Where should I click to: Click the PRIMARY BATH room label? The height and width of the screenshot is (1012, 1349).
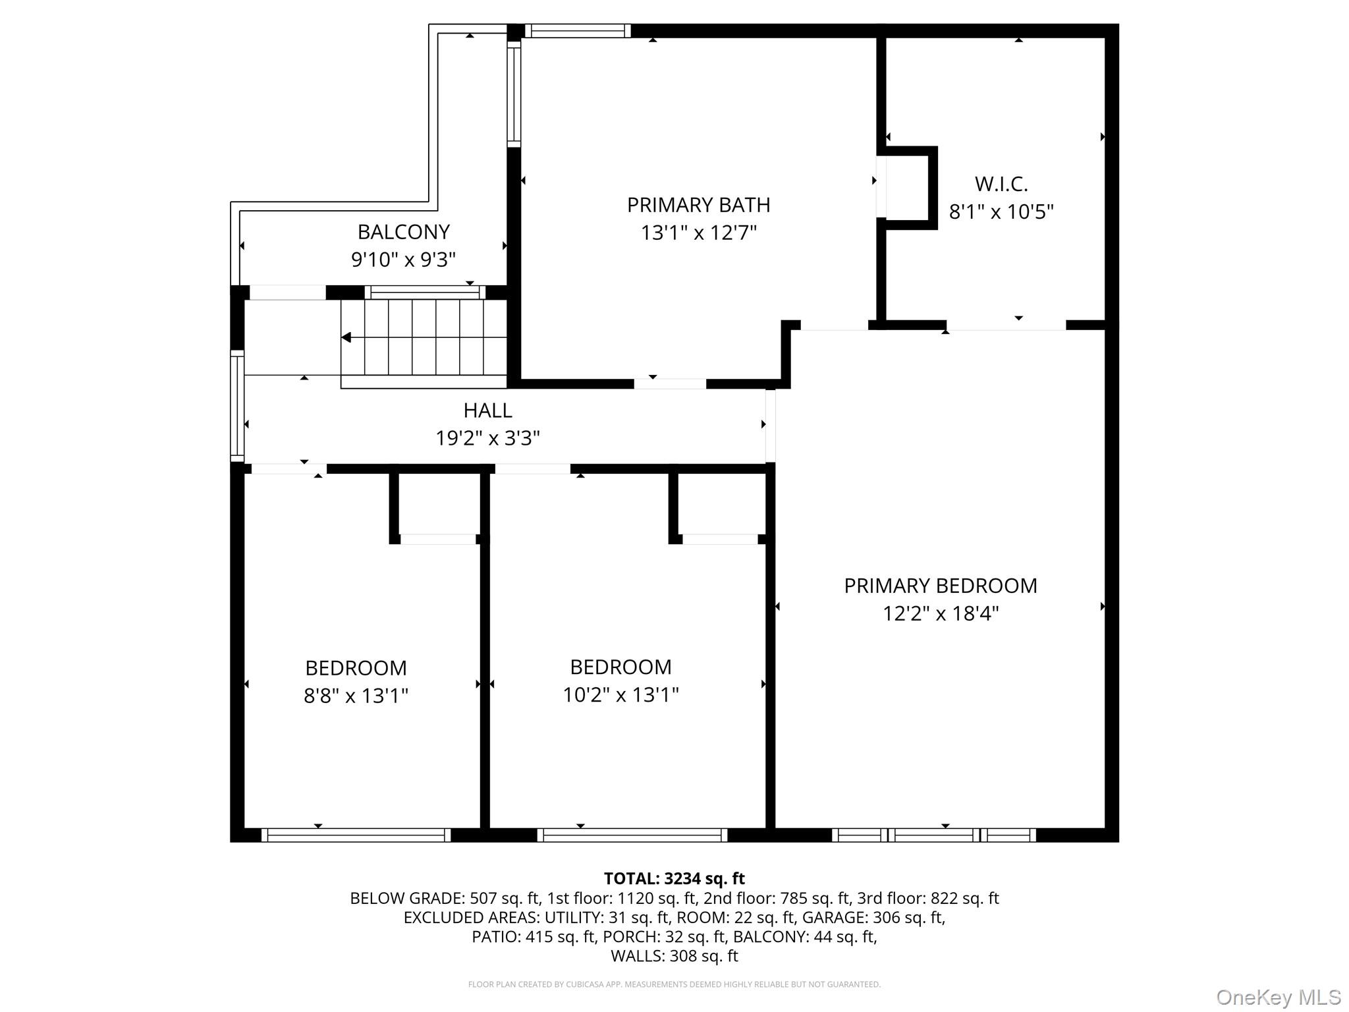pos(698,205)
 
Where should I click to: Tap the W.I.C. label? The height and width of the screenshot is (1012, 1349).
pos(1001,184)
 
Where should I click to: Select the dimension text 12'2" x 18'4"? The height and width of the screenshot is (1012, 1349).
pos(941,613)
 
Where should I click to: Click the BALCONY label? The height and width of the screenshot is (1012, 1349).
pos(403,232)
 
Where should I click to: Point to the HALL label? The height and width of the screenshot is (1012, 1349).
pos(487,410)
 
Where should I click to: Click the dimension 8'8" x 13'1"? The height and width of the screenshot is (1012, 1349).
pos(356,696)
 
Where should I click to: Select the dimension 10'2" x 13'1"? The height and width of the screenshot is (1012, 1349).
pos(620,694)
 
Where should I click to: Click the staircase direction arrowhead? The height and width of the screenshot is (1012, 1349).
pos(346,338)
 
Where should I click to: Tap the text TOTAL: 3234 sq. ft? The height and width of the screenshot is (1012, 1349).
pos(674,878)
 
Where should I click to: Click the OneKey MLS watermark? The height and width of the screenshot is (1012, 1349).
pos(1278,997)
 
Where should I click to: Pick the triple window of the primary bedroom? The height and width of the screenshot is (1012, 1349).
pos(933,835)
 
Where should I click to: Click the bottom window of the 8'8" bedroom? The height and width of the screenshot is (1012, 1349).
pos(356,835)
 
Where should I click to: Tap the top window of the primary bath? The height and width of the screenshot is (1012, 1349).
pos(578,30)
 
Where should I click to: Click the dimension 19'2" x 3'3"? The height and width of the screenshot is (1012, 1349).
pos(487,438)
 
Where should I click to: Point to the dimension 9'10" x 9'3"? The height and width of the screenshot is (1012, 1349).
pos(403,260)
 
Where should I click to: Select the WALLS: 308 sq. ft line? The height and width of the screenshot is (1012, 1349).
pos(674,955)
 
